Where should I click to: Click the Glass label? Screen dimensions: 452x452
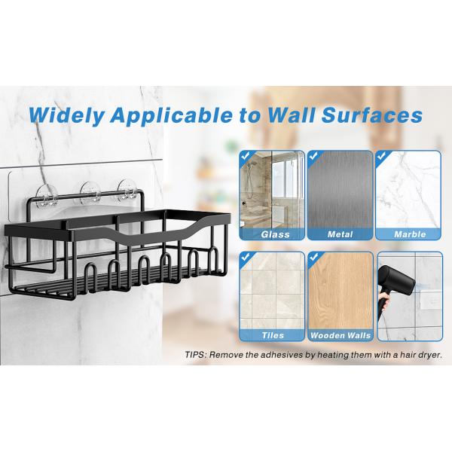pyautogui.click(x=275, y=234)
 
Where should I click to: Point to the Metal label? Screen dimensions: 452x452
pyautogui.click(x=341, y=234)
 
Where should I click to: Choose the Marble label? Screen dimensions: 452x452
pyautogui.click(x=409, y=234)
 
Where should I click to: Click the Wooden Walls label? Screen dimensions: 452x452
pyautogui.click(x=341, y=335)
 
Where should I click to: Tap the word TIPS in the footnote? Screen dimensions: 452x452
pyautogui.click(x=197, y=354)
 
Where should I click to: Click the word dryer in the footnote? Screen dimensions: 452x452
pyautogui.click(x=426, y=354)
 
